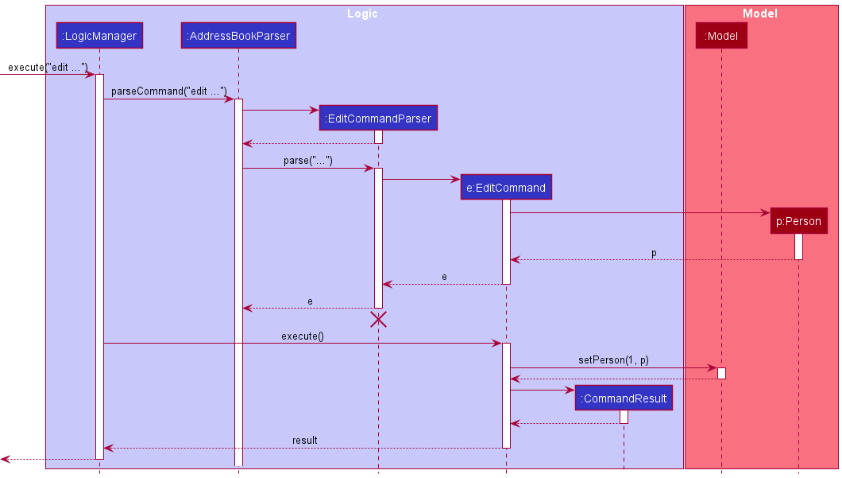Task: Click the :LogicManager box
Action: pos(98,36)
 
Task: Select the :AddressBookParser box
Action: pos(238,36)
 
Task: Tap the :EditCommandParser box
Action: pos(379,119)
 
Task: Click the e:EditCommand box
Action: pos(506,188)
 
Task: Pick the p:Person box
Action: pos(798,221)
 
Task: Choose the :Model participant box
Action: pos(721,36)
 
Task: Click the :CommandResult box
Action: pos(624,398)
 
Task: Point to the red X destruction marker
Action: pos(378,319)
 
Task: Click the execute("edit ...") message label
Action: pos(48,67)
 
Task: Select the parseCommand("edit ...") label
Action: pos(168,91)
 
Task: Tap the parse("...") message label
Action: pos(307,161)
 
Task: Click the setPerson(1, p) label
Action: pos(613,360)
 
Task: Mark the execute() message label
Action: pos(303,336)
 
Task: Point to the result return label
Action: pos(304,440)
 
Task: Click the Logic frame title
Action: pos(363,14)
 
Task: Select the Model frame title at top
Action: pos(759,14)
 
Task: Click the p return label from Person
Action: pos(654,253)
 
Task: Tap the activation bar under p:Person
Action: pos(798,247)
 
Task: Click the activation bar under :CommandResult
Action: pos(624,417)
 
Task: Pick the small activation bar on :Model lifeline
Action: pos(721,373)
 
